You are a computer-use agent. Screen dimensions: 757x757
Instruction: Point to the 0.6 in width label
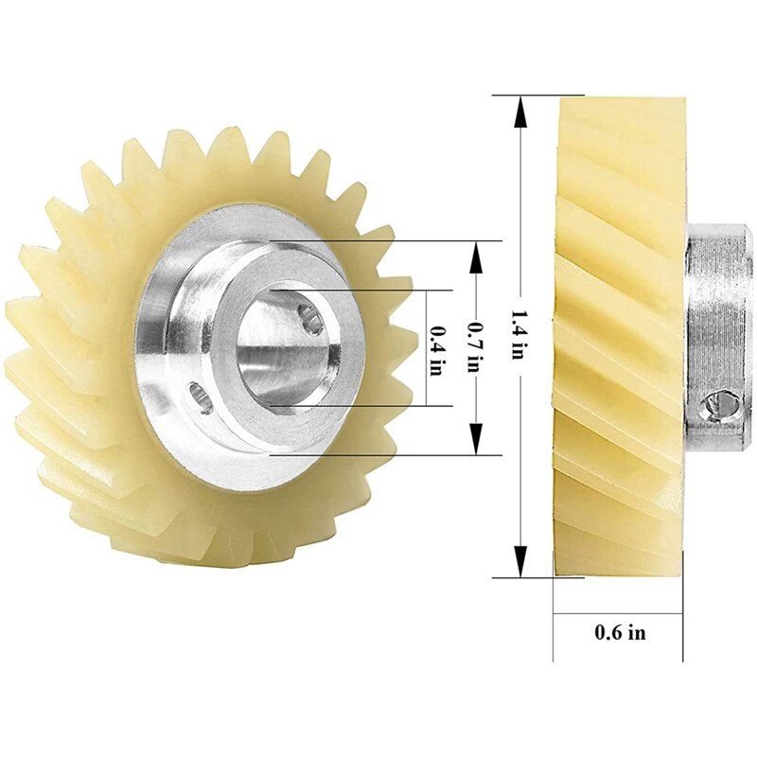click(620, 633)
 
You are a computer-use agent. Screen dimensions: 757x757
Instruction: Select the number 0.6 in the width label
click(608, 633)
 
